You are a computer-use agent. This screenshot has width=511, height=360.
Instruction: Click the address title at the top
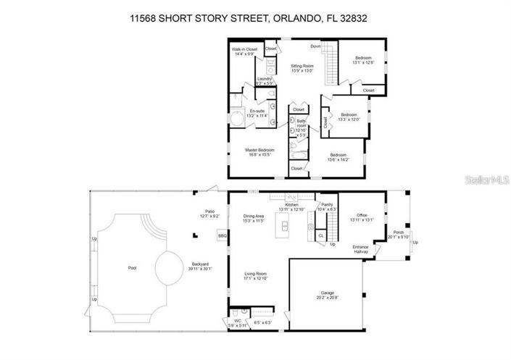[x=255, y=20]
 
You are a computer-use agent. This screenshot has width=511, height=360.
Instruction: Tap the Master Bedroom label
[x=261, y=151]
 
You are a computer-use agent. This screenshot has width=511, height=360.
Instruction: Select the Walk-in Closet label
[x=244, y=51]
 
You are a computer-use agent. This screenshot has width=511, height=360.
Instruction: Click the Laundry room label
[x=264, y=83]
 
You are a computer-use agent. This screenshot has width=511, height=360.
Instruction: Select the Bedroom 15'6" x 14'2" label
[x=338, y=157]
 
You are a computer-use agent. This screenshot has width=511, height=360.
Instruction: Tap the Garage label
[x=326, y=296]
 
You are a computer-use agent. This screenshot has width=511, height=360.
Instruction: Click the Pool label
[x=132, y=268]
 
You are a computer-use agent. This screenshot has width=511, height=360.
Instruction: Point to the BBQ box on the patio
[x=222, y=237]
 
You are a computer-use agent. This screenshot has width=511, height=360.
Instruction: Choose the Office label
[x=360, y=218]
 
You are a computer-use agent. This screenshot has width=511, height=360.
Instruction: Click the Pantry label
[x=327, y=207]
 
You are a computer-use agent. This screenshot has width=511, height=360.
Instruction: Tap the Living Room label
[x=256, y=276]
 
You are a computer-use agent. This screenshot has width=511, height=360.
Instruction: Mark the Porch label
[x=399, y=235]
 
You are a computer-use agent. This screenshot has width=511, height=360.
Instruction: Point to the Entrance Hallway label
[x=361, y=250]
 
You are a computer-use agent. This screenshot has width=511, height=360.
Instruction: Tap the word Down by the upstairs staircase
[x=315, y=46]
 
